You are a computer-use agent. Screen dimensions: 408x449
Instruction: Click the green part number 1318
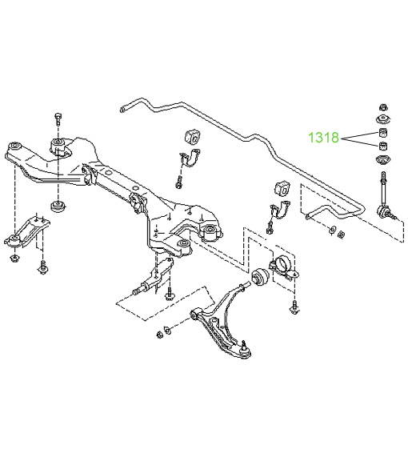point(323,138)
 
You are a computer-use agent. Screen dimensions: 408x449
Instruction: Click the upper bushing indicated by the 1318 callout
point(383,133)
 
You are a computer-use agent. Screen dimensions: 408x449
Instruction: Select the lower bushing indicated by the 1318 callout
point(383,146)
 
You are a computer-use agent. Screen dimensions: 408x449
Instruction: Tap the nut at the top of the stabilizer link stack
point(383,107)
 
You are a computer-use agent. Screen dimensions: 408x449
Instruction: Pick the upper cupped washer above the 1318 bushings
point(383,118)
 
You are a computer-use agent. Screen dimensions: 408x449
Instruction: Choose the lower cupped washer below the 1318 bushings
point(383,160)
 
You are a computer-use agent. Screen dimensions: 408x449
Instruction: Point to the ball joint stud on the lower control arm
point(244,345)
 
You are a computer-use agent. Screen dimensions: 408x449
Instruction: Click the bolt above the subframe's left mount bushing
point(58,118)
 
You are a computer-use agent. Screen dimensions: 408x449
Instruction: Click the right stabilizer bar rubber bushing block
point(282,188)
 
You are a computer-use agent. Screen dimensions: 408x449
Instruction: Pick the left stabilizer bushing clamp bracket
point(190,158)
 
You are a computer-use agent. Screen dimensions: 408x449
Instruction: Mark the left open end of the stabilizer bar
point(123,110)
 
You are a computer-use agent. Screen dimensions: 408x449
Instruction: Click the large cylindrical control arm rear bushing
point(260,276)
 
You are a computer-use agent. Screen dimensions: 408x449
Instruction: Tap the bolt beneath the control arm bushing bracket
point(294,307)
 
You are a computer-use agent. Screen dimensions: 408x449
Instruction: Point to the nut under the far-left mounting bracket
point(14,258)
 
